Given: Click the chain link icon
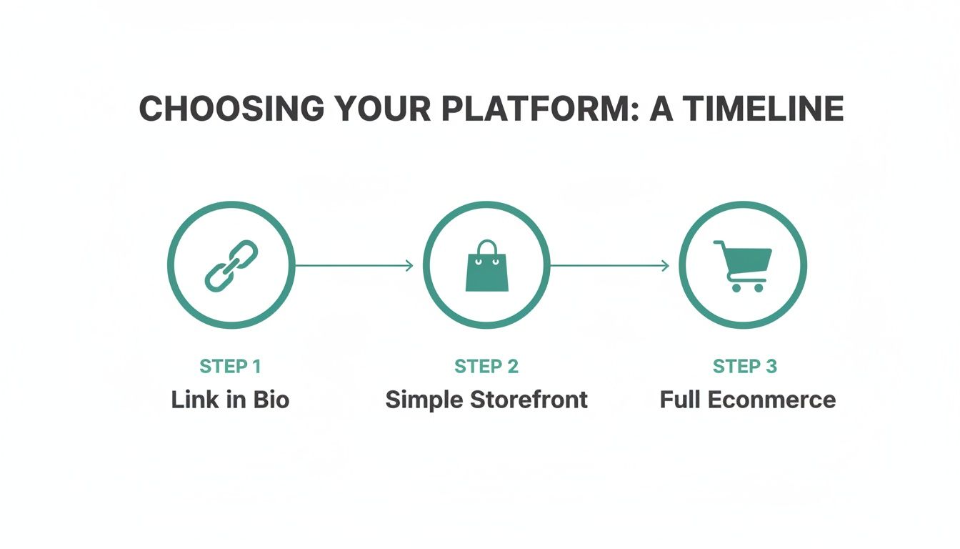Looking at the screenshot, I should point(231,265).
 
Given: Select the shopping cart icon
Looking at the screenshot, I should point(743,265).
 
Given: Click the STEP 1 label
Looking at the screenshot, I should point(230,367).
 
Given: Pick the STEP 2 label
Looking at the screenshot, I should point(486,367).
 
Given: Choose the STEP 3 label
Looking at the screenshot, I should point(744,367).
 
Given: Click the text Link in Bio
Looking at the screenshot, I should point(230,399).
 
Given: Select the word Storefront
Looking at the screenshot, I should point(528,399).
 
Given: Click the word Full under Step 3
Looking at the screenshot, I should point(680,399).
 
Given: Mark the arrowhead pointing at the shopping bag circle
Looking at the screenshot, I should point(409,266).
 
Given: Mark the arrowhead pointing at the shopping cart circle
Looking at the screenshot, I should point(665,266).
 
